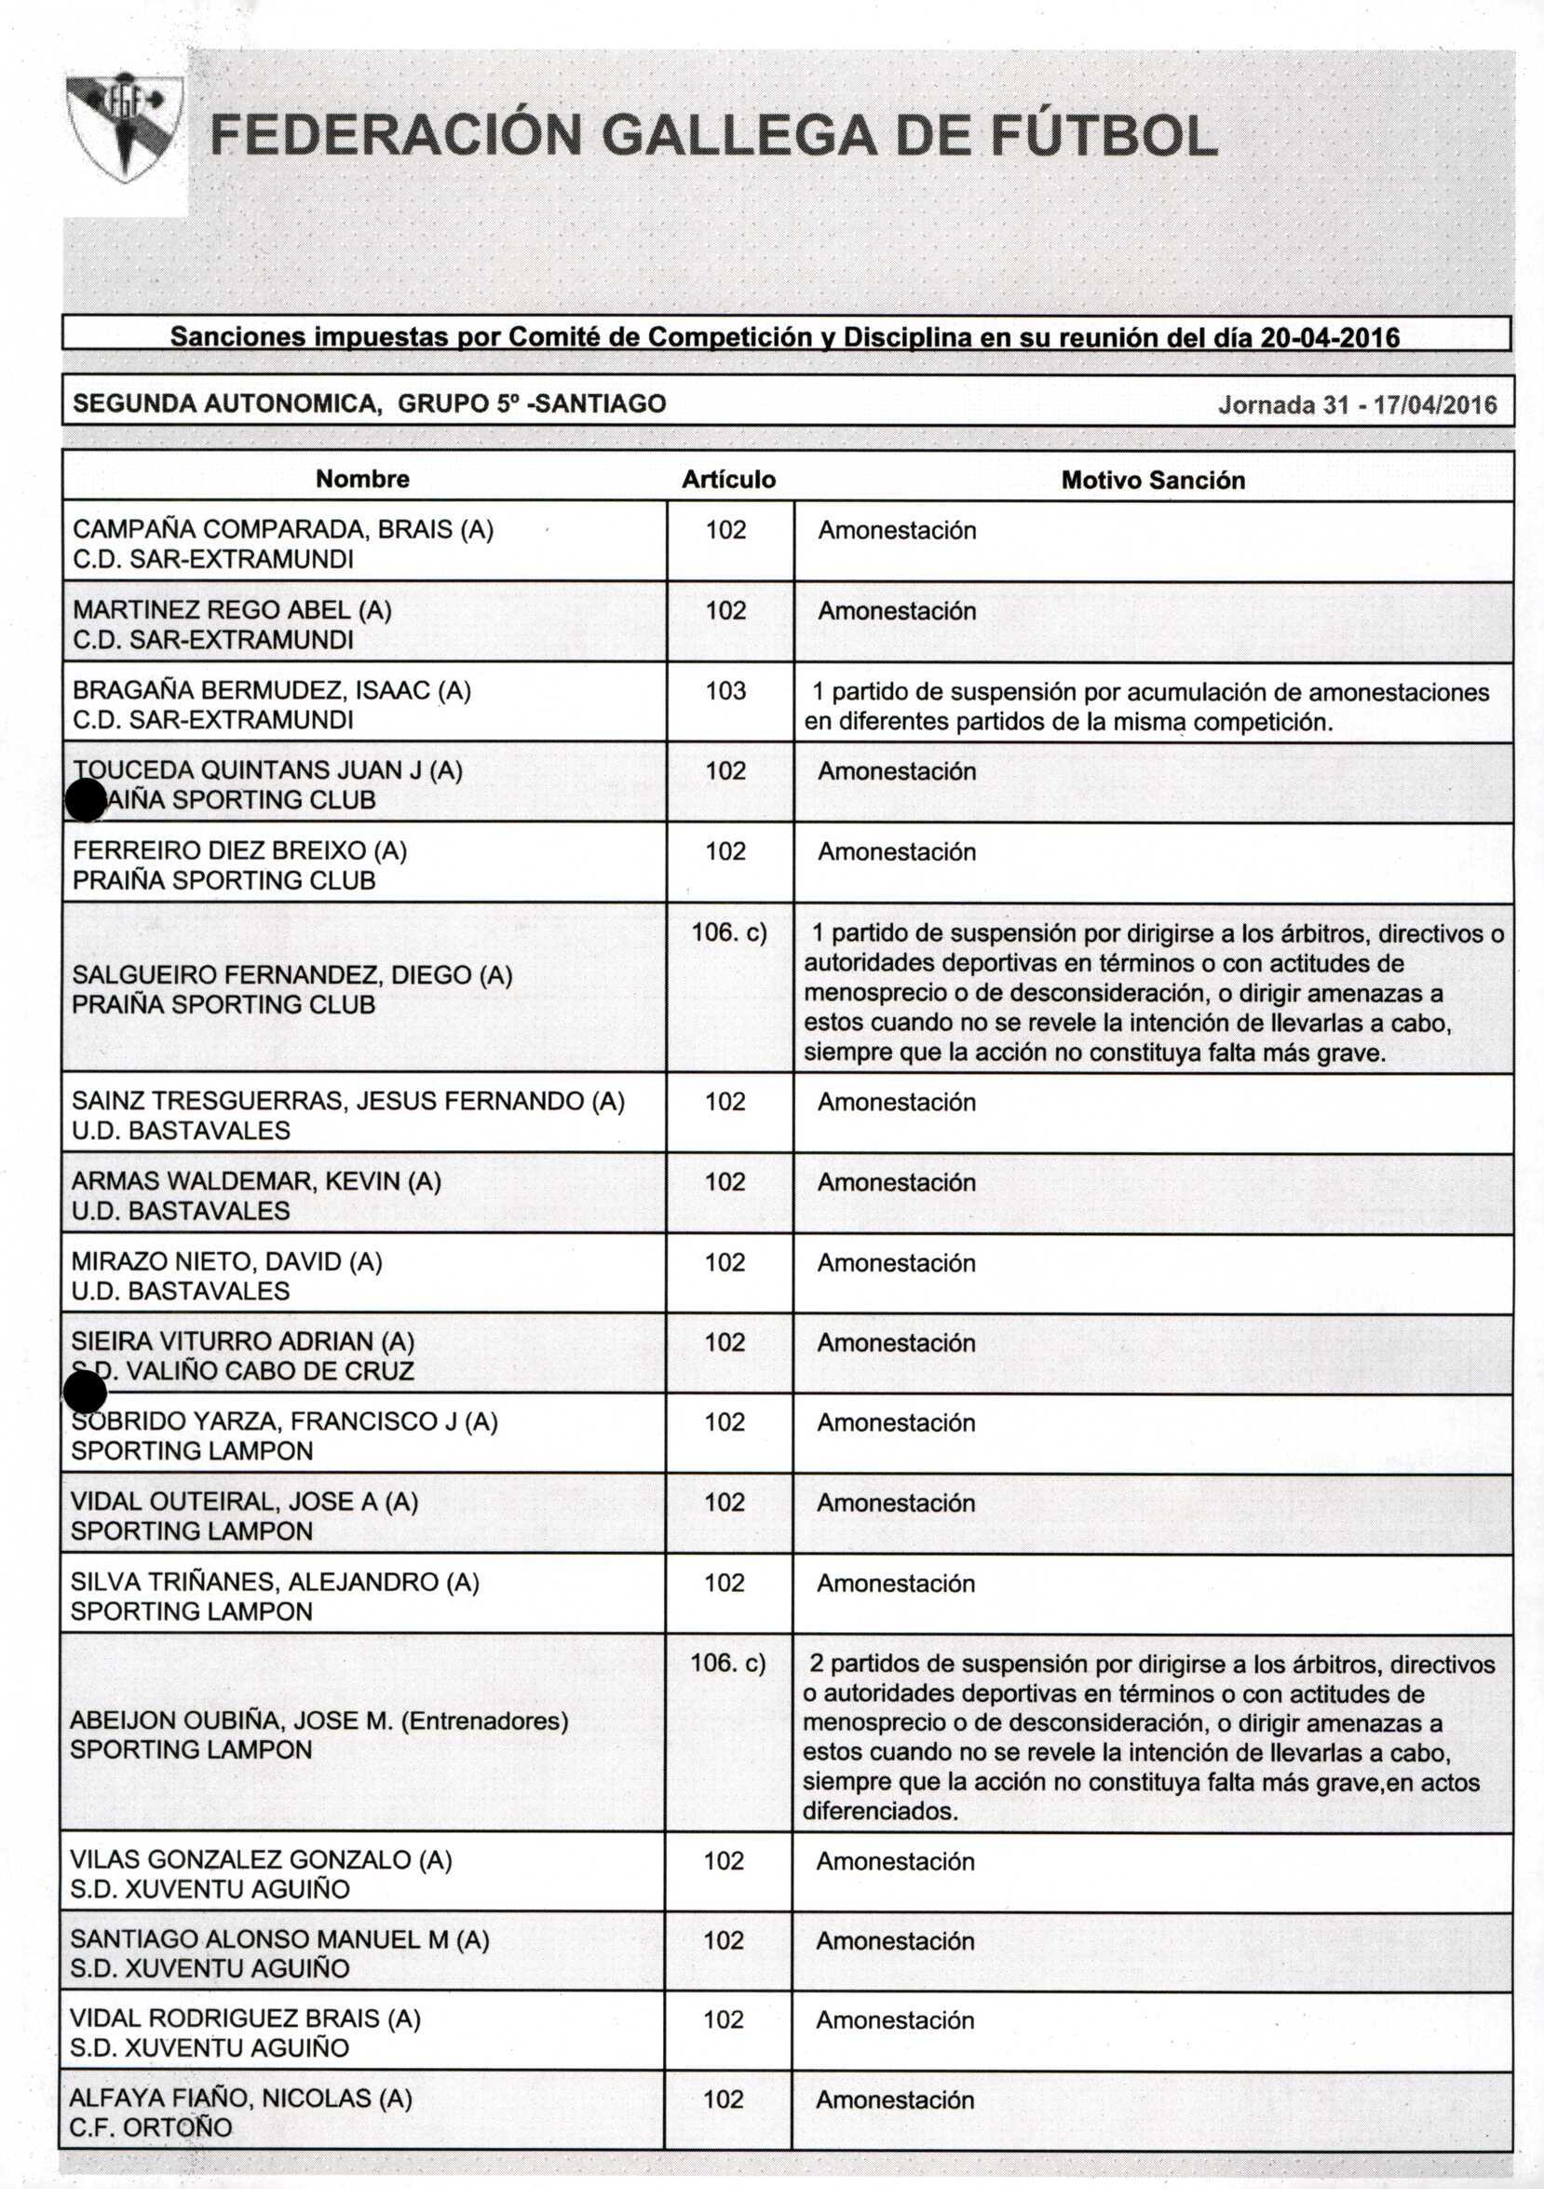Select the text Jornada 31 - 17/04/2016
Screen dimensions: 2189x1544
click(1357, 405)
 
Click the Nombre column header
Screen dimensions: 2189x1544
click(362, 479)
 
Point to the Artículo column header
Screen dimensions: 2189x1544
click(728, 480)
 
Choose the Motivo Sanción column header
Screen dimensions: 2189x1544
click(1152, 480)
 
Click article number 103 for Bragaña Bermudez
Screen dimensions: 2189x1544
click(725, 690)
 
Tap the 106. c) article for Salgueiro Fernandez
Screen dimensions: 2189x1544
click(729, 931)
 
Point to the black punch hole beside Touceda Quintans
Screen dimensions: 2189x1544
click(85, 800)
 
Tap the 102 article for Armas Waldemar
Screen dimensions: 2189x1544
click(725, 1181)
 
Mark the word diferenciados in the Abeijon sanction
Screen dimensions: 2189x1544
click(880, 1811)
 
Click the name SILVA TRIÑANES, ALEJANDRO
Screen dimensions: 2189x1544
click(275, 1582)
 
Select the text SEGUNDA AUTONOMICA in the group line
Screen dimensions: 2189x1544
click(227, 403)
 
